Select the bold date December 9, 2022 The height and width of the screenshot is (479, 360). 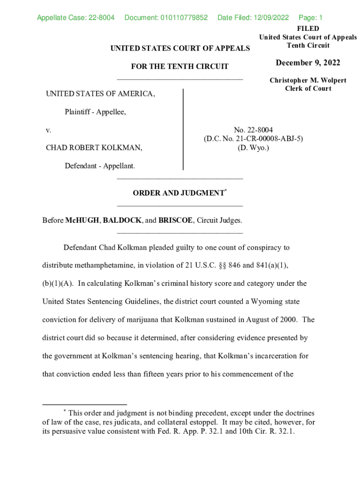[x=308, y=63]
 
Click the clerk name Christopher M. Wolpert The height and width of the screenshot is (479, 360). [x=308, y=80]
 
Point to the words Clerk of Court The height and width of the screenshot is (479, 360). [x=308, y=88]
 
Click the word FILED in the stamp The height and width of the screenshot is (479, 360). [x=308, y=29]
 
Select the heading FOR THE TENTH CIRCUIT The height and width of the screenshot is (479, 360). [x=180, y=66]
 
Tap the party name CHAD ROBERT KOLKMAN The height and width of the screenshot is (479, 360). [x=94, y=148]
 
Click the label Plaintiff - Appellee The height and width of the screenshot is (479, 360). [x=95, y=112]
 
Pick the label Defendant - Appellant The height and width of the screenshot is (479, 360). [x=100, y=166]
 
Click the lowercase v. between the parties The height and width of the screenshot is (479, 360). [x=49, y=130]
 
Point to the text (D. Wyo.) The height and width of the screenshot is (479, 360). [x=253, y=148]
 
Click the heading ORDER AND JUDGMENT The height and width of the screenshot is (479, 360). [x=178, y=193]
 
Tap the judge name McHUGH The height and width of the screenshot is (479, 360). [x=82, y=220]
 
